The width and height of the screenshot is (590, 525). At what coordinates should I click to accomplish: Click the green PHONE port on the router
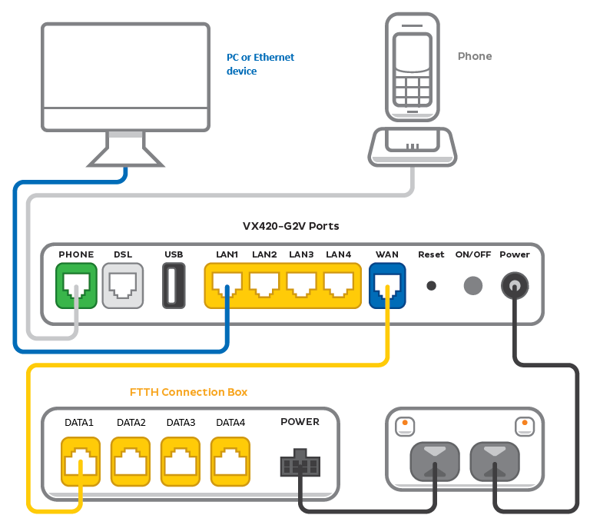[x=76, y=285]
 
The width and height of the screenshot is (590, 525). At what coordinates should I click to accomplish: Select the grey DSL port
[x=123, y=285]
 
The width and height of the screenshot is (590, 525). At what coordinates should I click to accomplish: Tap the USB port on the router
[x=174, y=285]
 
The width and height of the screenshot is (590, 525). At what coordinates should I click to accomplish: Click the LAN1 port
[x=227, y=285]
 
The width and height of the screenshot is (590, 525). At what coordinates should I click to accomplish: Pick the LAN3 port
[x=301, y=285]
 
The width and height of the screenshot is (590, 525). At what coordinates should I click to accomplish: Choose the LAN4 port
[x=338, y=285]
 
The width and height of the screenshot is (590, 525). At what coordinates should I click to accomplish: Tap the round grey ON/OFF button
[x=473, y=285]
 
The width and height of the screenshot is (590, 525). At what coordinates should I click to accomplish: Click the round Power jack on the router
[x=514, y=286]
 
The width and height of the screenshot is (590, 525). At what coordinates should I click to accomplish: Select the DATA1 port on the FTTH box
[x=80, y=461]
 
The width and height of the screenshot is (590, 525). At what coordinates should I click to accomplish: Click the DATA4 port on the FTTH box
[x=230, y=461]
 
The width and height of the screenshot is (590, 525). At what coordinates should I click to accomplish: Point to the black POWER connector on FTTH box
[x=300, y=464]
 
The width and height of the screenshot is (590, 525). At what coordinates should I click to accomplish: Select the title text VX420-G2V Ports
[x=290, y=226]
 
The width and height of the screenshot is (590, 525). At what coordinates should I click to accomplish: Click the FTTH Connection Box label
[x=188, y=392]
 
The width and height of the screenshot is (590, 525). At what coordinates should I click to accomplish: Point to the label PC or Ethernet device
[x=260, y=64]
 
